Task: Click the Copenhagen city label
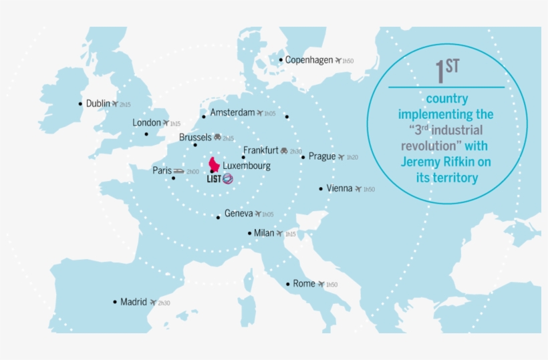309,60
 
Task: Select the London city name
146,123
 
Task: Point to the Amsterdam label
232,113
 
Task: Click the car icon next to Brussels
217,138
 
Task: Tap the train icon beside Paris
178,171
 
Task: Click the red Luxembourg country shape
215,164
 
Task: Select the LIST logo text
214,178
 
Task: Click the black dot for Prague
303,158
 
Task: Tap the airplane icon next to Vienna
358,189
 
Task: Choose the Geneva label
239,214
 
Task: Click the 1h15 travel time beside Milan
290,234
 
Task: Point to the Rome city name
304,284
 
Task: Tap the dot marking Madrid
115,302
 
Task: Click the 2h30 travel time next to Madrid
164,303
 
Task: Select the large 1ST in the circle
446,69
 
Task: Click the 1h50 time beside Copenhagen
348,61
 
